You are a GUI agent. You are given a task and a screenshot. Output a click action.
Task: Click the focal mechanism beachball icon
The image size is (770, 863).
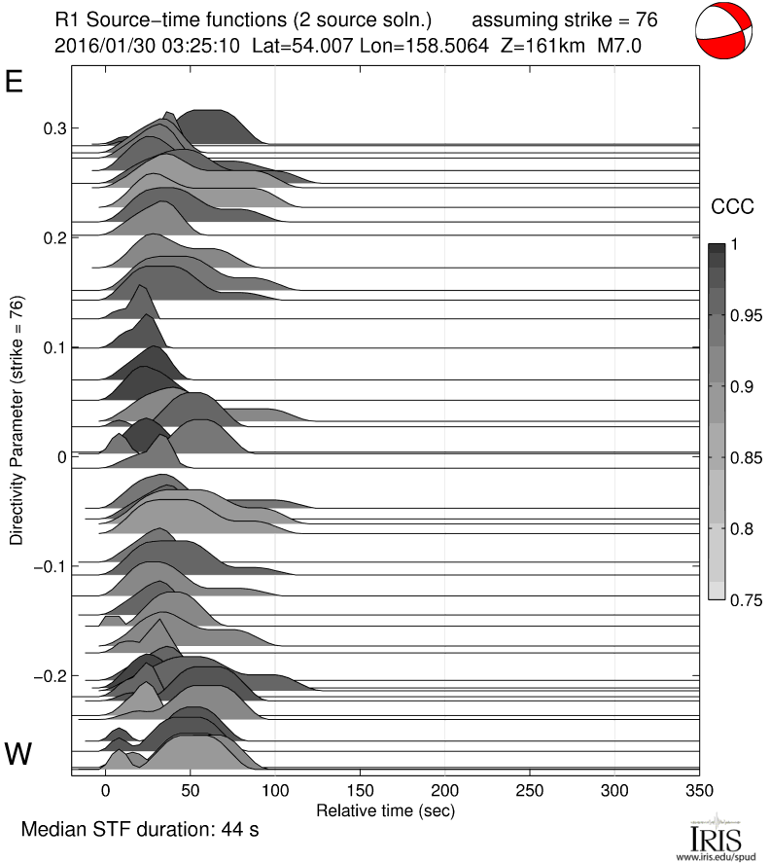tap(724, 32)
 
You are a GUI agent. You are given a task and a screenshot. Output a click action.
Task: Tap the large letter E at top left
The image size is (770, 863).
tap(15, 82)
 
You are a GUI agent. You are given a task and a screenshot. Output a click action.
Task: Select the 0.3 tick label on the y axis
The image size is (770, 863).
tap(53, 128)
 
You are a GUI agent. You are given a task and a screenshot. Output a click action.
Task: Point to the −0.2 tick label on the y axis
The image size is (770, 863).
tap(50, 676)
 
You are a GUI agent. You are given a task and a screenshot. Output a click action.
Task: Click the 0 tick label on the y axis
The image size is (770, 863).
tap(61, 456)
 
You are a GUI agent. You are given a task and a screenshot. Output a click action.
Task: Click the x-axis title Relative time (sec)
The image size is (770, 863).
tap(386, 809)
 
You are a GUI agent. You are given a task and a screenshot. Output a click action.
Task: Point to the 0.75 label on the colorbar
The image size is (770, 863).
tap(747, 599)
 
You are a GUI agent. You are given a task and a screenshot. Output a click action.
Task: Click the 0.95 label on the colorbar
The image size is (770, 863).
tap(747, 315)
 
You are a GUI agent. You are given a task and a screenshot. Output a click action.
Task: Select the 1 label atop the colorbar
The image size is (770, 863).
tap(735, 245)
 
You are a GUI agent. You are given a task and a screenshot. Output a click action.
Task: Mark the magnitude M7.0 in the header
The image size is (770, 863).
tap(619, 45)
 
